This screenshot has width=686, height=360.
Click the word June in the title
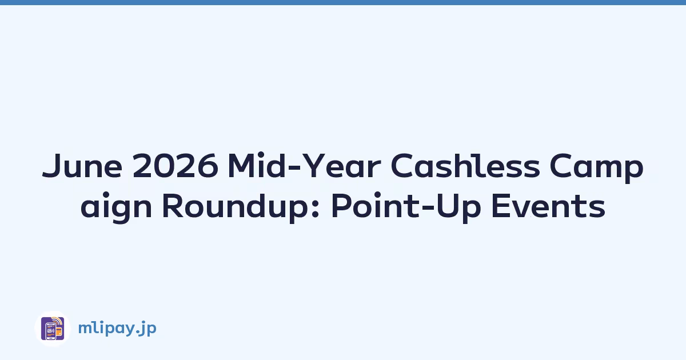[x=82, y=166]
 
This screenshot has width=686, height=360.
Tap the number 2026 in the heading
[x=176, y=166]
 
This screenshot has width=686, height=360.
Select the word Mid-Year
[x=304, y=165]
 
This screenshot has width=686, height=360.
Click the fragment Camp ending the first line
[x=596, y=168]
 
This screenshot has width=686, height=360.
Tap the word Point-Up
[x=406, y=207]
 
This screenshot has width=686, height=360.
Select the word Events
[x=548, y=206]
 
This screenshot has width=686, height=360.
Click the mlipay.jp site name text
[x=117, y=329]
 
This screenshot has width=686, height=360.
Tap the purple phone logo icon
[x=53, y=329]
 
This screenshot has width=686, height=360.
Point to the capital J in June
[x=53, y=166]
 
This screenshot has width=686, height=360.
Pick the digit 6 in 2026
[x=208, y=166]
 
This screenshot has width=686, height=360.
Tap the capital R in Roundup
[x=173, y=205]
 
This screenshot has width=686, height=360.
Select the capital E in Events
[x=501, y=205]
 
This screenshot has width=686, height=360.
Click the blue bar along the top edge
[x=343, y=2]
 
